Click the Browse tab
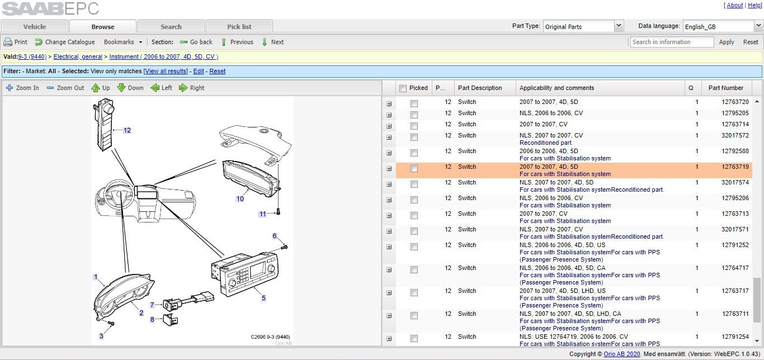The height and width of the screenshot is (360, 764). pyautogui.click(x=103, y=27)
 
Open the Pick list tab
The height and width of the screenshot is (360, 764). pyautogui.click(x=239, y=27)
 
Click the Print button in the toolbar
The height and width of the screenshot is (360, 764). pyautogui.click(x=15, y=42)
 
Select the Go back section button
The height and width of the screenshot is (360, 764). pyautogui.click(x=196, y=42)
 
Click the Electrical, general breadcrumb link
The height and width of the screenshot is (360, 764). pyautogui.click(x=78, y=56)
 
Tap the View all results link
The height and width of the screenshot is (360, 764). pyautogui.click(x=166, y=71)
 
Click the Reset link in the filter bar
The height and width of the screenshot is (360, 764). pyautogui.click(x=217, y=71)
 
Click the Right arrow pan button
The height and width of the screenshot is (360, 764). pyautogui.click(x=192, y=88)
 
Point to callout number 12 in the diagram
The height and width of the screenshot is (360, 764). pyautogui.click(x=127, y=130)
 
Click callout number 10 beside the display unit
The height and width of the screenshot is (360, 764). pyautogui.click(x=240, y=199)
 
